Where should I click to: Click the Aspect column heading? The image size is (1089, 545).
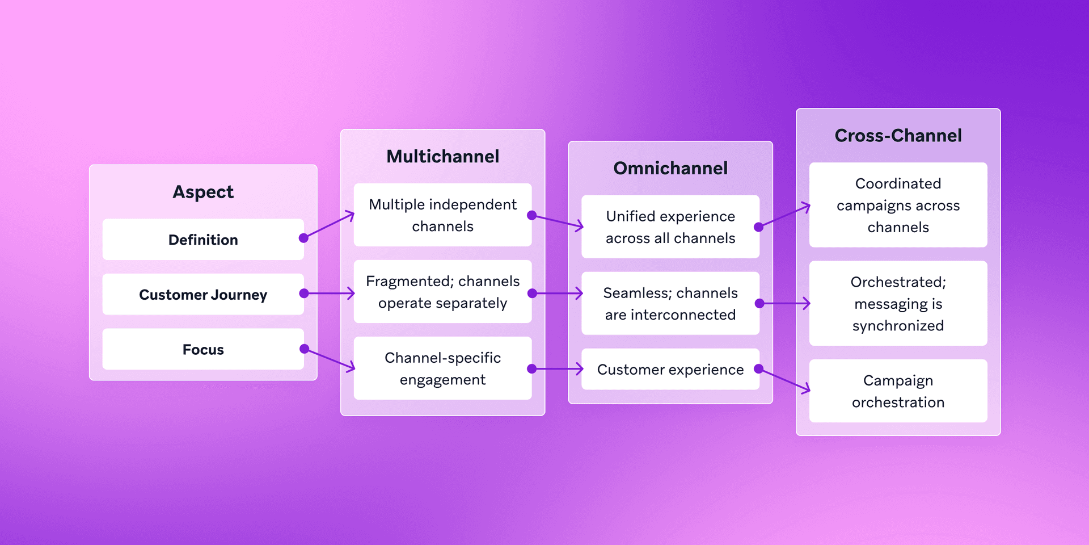click(203, 192)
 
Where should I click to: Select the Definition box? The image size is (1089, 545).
click(203, 240)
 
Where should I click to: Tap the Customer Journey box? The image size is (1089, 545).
click(203, 295)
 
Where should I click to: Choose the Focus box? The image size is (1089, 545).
click(203, 350)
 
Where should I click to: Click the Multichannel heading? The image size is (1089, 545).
click(442, 157)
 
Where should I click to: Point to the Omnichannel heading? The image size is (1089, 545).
click(670, 169)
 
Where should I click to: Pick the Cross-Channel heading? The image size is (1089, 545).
click(898, 136)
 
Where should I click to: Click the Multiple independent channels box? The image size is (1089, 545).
click(442, 215)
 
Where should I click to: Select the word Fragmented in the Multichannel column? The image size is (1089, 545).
click(399, 282)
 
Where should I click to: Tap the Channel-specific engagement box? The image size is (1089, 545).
click(442, 368)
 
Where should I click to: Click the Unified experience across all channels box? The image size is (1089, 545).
click(670, 227)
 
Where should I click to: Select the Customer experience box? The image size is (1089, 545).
click(670, 370)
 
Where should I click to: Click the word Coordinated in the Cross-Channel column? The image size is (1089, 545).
click(898, 184)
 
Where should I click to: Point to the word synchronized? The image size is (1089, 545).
click(898, 326)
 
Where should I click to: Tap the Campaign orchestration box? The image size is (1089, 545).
click(898, 391)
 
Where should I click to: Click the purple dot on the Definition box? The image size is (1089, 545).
click(304, 238)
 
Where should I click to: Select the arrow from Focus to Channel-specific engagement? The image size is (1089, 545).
click(330, 359)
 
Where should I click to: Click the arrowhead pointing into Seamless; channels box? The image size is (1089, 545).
click(579, 294)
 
